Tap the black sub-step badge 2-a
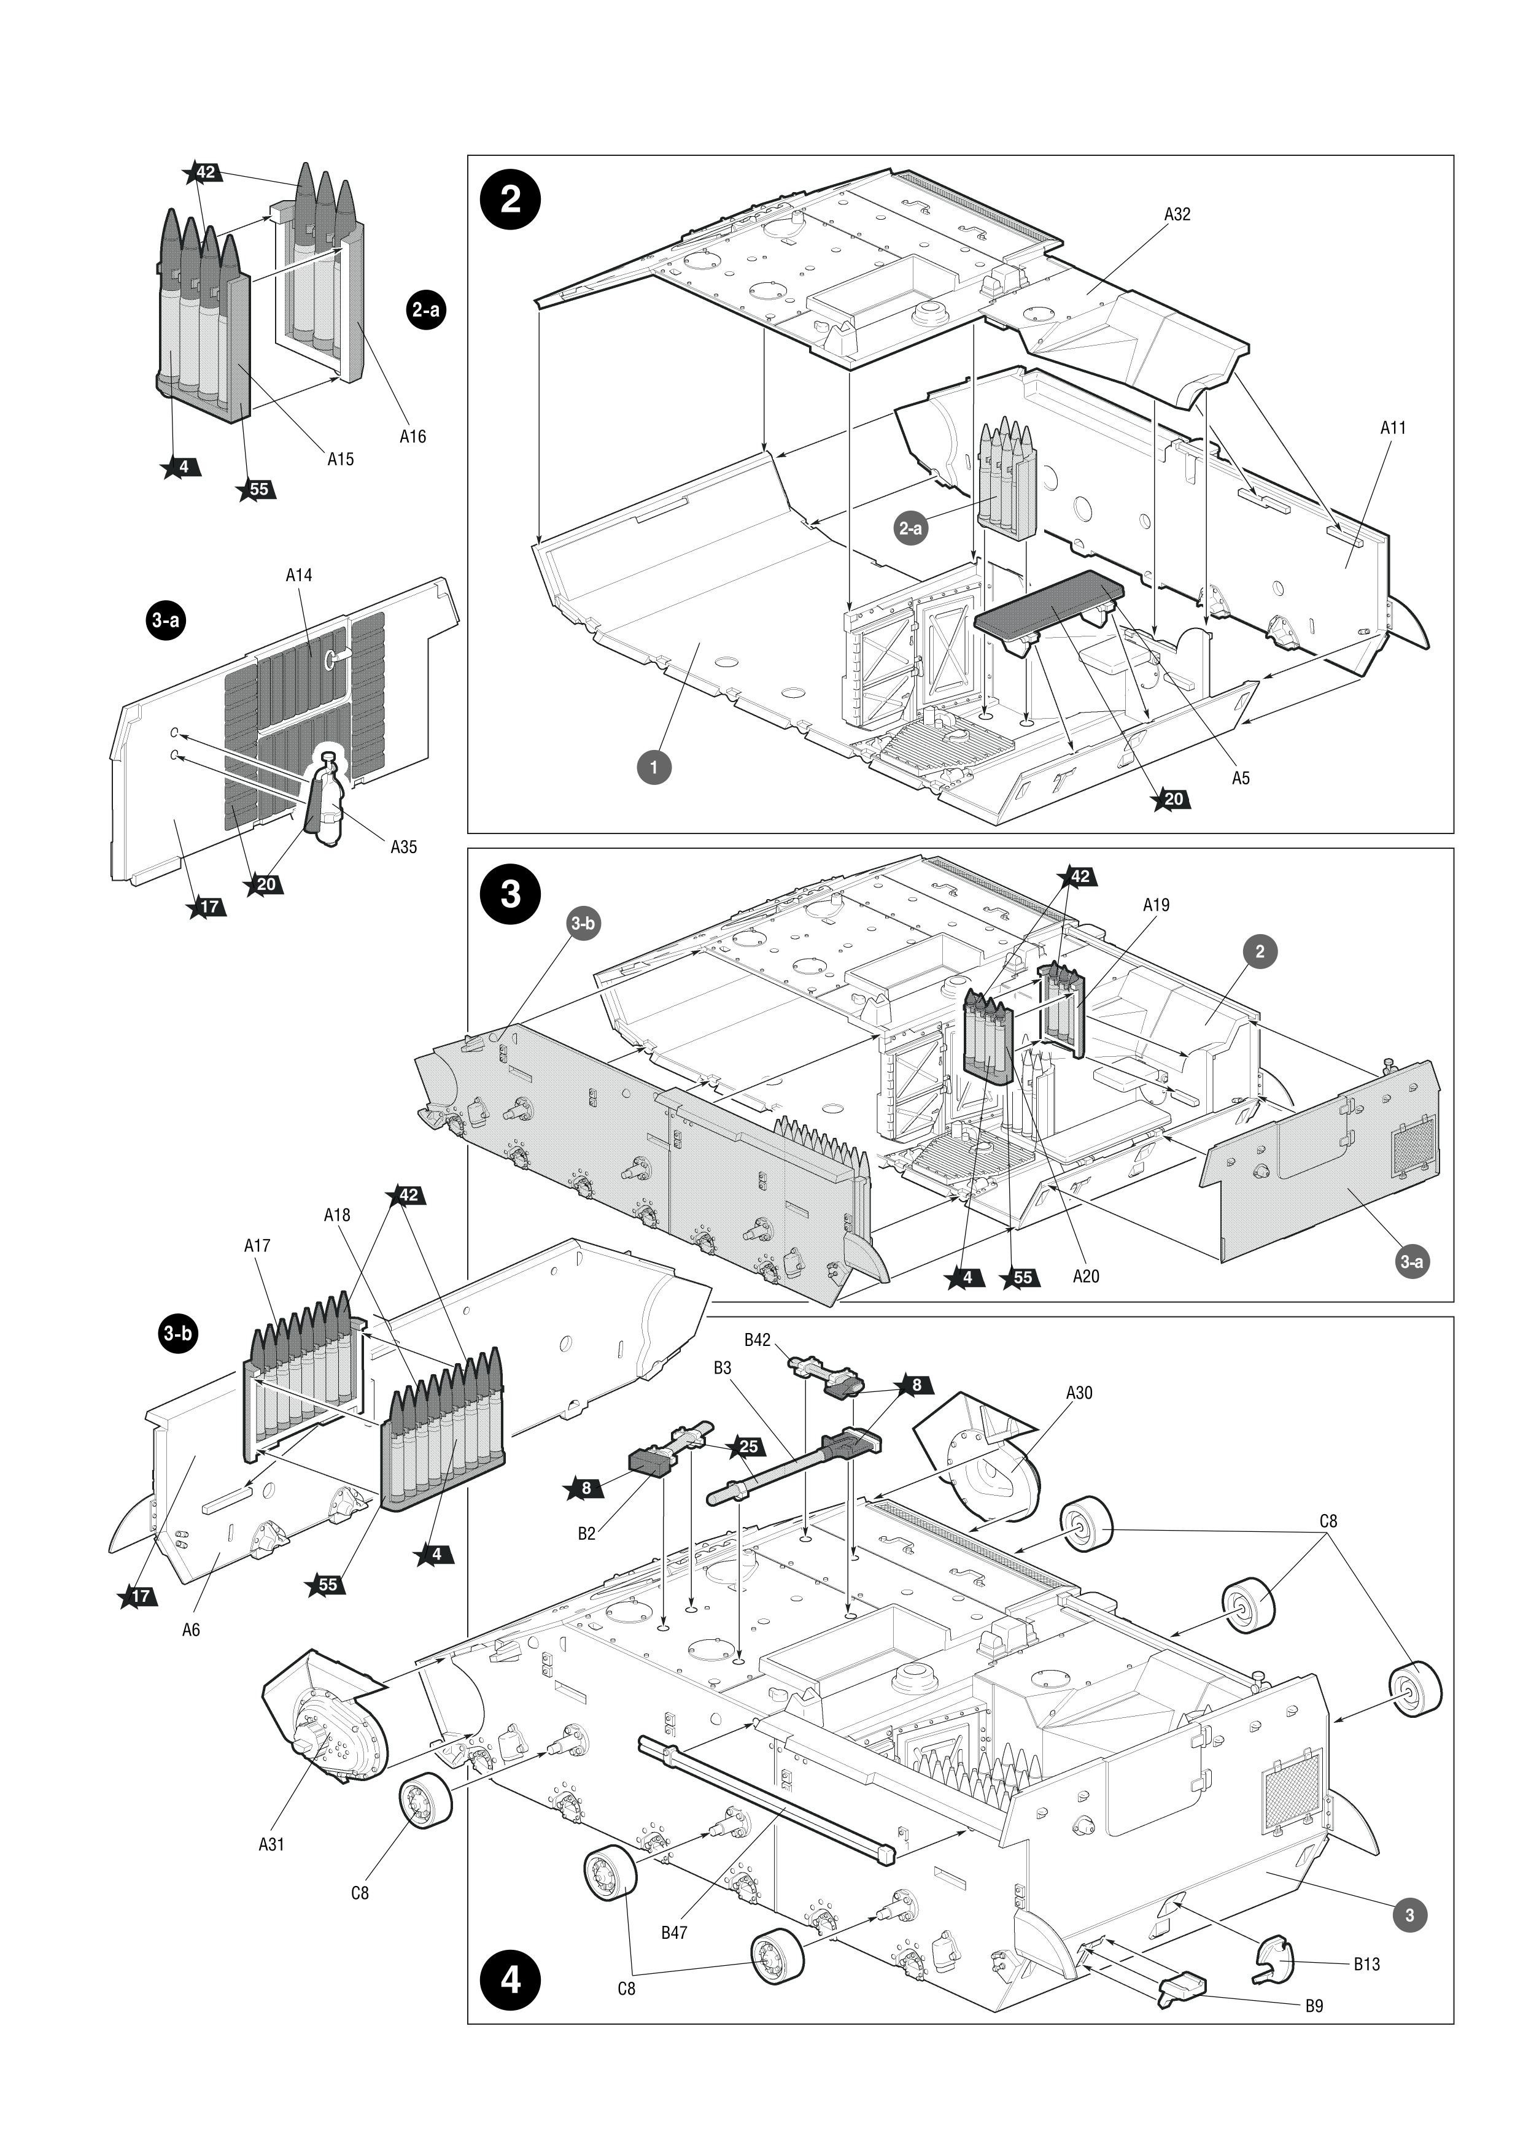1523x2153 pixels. (x=427, y=309)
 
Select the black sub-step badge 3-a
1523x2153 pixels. (x=165, y=620)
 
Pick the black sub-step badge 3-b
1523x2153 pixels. (x=177, y=1334)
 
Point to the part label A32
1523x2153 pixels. (x=1177, y=214)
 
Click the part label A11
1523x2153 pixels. (x=1393, y=428)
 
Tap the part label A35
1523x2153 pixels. (x=403, y=847)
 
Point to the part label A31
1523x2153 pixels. (x=271, y=1844)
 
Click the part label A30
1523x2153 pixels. (x=1079, y=1393)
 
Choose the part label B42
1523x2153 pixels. (x=757, y=1340)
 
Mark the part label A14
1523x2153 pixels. (x=298, y=575)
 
